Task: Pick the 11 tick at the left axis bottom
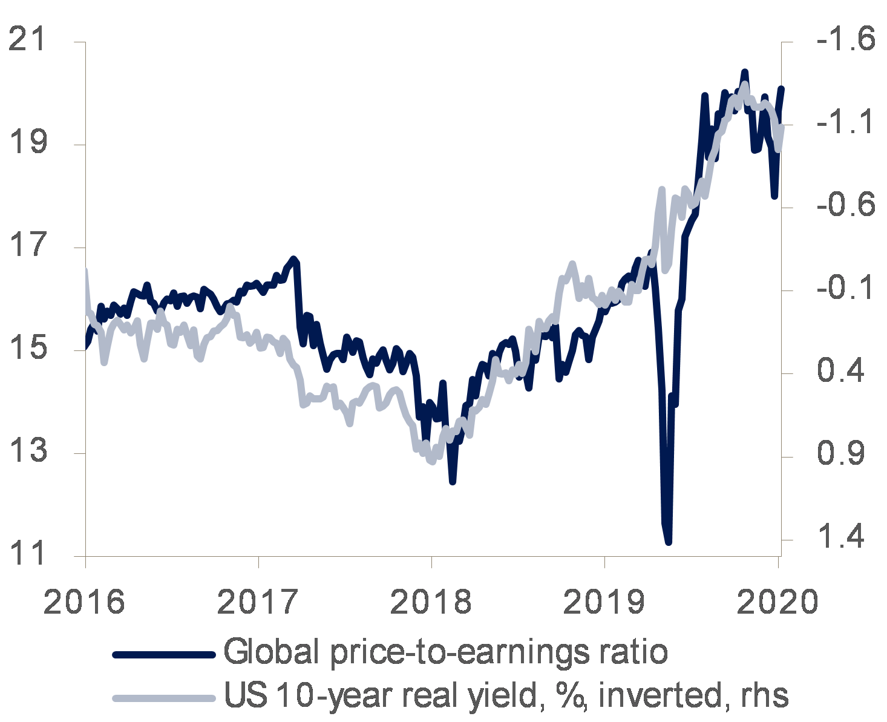[27, 554]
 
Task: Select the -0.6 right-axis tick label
[845, 205]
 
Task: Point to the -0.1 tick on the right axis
[845, 288]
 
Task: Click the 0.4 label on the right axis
[841, 371]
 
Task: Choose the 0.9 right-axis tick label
[841, 454]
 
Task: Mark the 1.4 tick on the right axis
[841, 537]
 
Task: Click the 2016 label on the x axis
[84, 602]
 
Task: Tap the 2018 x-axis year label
[431, 602]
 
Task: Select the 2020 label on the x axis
[777, 602]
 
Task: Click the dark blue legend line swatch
[163, 654]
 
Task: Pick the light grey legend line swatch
[163, 698]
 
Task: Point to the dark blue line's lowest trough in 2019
[669, 542]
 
